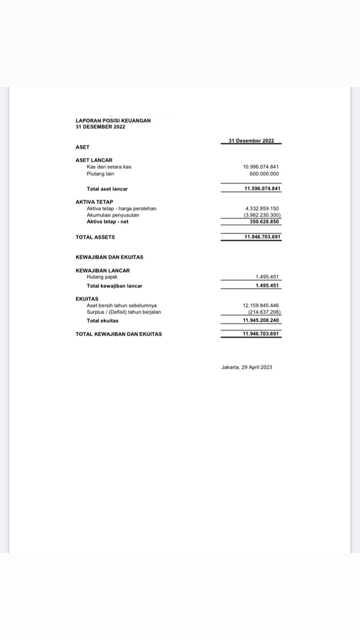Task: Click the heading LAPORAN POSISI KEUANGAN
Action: click(x=113, y=121)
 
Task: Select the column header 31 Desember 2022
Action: click(x=251, y=141)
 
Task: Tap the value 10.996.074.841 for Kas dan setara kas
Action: click(x=261, y=167)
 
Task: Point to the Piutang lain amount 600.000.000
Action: click(x=264, y=174)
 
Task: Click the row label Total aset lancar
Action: click(x=107, y=189)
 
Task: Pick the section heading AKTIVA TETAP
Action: click(x=94, y=201)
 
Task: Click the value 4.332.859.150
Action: click(x=262, y=209)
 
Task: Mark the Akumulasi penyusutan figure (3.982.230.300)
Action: click(x=262, y=215)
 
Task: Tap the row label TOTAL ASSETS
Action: click(x=95, y=237)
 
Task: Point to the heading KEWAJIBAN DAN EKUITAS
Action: click(x=109, y=257)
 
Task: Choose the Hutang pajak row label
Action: click(x=102, y=277)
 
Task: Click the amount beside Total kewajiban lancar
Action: click(x=267, y=285)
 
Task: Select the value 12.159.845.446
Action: click(x=261, y=305)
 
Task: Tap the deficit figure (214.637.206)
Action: click(x=264, y=312)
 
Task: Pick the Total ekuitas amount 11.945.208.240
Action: click(x=261, y=321)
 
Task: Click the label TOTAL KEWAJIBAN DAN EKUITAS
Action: click(x=119, y=334)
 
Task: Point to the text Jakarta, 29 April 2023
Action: click(x=247, y=367)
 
